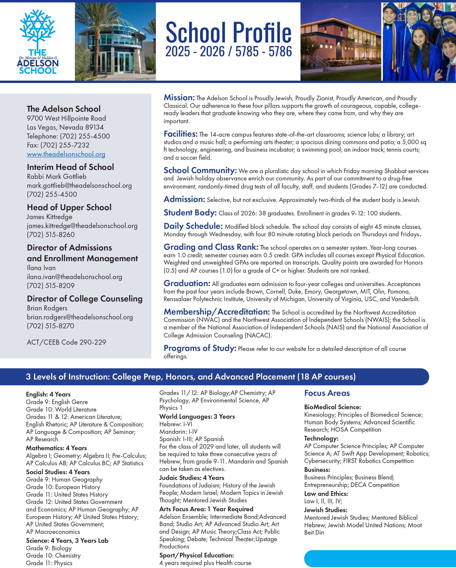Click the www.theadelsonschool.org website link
point(66,154)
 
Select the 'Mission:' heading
point(179,98)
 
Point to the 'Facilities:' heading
point(180,134)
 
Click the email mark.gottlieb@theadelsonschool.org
point(79,185)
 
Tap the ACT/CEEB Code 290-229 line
point(66,342)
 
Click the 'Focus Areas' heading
point(327,393)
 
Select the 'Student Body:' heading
point(190,213)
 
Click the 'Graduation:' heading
point(187,284)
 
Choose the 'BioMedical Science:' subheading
point(332,407)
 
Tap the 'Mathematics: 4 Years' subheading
point(56,448)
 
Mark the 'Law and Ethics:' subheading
point(326,494)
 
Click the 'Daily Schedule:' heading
point(193,226)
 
